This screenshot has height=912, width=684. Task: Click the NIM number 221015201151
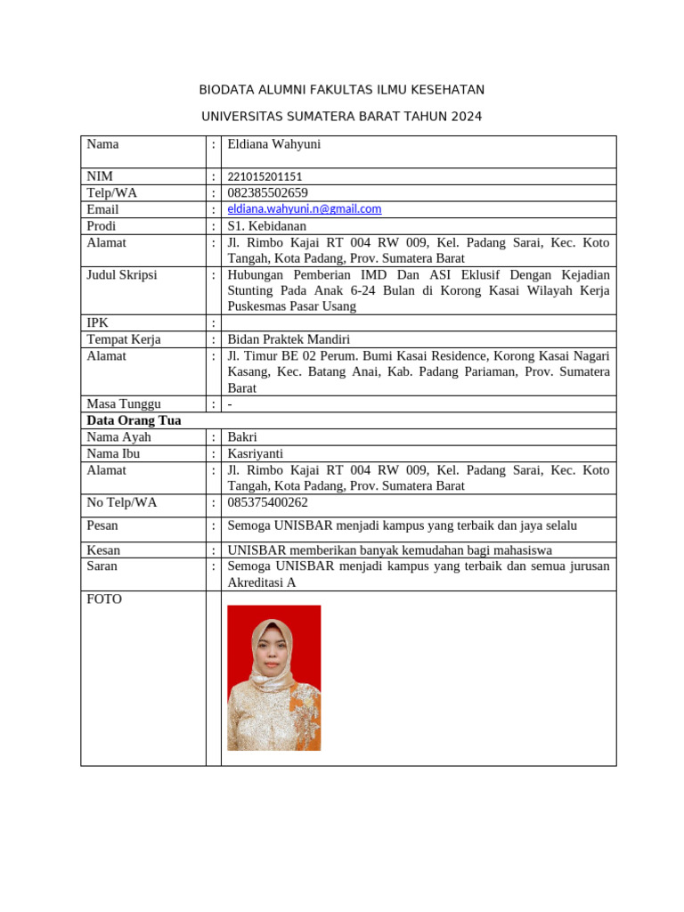click(x=265, y=176)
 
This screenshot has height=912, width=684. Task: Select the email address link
click(x=304, y=208)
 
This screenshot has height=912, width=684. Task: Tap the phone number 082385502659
click(x=267, y=192)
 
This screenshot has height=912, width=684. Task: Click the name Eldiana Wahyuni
click(x=273, y=144)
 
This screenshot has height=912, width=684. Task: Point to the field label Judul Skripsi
click(x=121, y=274)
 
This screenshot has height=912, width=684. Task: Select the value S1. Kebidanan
click(x=266, y=225)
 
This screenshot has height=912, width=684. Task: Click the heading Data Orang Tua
click(x=134, y=420)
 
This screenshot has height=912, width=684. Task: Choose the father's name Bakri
click(x=243, y=436)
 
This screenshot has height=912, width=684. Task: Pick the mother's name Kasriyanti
click(x=256, y=453)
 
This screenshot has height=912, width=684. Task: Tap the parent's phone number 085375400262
click(x=267, y=502)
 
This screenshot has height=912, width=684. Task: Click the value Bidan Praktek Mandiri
click(x=289, y=338)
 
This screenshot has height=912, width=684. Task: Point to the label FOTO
click(x=104, y=599)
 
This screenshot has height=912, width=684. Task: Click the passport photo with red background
click(x=273, y=678)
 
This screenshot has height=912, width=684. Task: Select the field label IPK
click(x=97, y=322)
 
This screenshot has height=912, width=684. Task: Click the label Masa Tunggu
click(x=123, y=403)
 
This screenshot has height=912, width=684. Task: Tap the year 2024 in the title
click(x=467, y=116)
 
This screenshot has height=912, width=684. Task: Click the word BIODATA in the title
click(x=226, y=90)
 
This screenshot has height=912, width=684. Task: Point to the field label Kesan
click(x=103, y=550)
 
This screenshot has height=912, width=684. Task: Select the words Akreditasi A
click(x=262, y=582)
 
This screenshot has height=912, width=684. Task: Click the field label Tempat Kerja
click(x=123, y=338)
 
